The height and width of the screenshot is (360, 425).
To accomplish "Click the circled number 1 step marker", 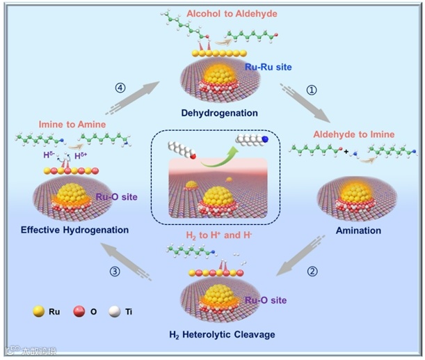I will tap(312, 90).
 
